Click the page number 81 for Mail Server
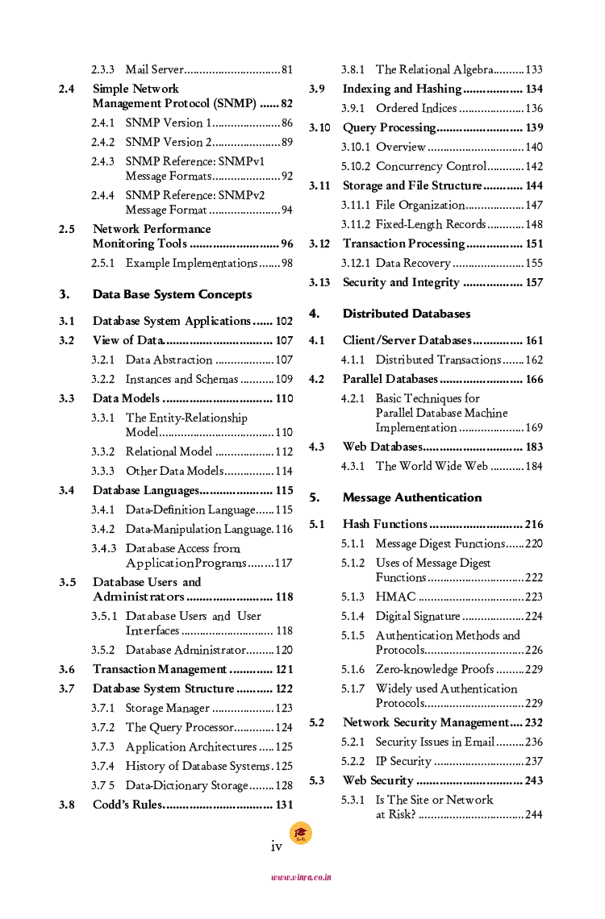coord(286,70)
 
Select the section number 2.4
coord(67,89)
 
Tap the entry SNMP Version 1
coord(169,123)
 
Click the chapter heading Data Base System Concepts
coord(172,294)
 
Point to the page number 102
coord(284,322)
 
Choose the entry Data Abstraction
coord(169,360)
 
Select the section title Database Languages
coord(145,490)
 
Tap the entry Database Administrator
coord(186,651)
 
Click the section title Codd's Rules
coord(127,805)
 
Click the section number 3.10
coord(319,128)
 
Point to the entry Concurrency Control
coord(431,167)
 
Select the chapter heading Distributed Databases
coord(407,314)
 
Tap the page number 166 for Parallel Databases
coord(534,380)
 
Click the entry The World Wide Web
coord(432,467)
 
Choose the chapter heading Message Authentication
coord(412,497)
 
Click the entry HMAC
coord(395,597)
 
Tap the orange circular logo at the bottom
coord(300,834)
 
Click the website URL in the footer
coord(301,877)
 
